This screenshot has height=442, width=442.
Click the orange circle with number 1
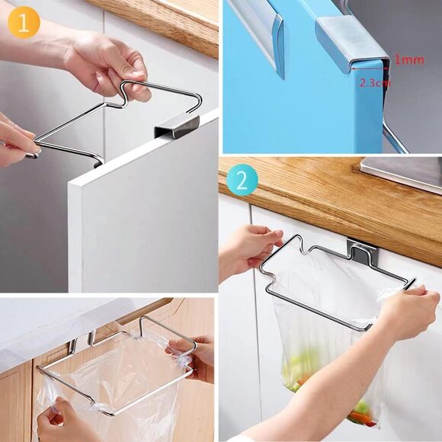tap(23, 23)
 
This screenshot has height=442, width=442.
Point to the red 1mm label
tap(409, 60)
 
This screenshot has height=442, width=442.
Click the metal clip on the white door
tap(176, 126)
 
